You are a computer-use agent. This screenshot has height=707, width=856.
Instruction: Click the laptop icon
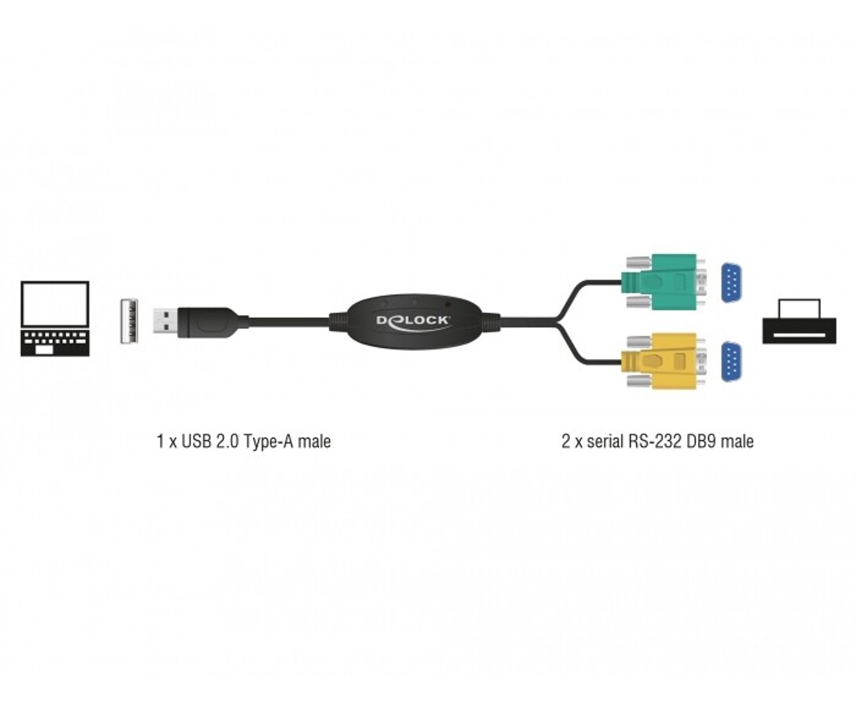[55, 319]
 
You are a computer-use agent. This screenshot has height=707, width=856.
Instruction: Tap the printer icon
[799, 321]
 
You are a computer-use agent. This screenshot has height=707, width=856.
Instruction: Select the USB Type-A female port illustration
[130, 321]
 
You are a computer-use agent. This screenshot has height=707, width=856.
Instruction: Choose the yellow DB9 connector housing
[660, 362]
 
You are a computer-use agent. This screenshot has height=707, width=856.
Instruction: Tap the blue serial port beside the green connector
[734, 282]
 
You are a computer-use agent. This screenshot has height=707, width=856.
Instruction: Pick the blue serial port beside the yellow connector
[734, 362]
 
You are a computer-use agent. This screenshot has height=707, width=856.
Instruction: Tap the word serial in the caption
[605, 441]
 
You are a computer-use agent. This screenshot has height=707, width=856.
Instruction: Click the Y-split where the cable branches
[558, 321]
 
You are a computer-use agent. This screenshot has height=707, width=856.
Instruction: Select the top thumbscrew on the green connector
[635, 261]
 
